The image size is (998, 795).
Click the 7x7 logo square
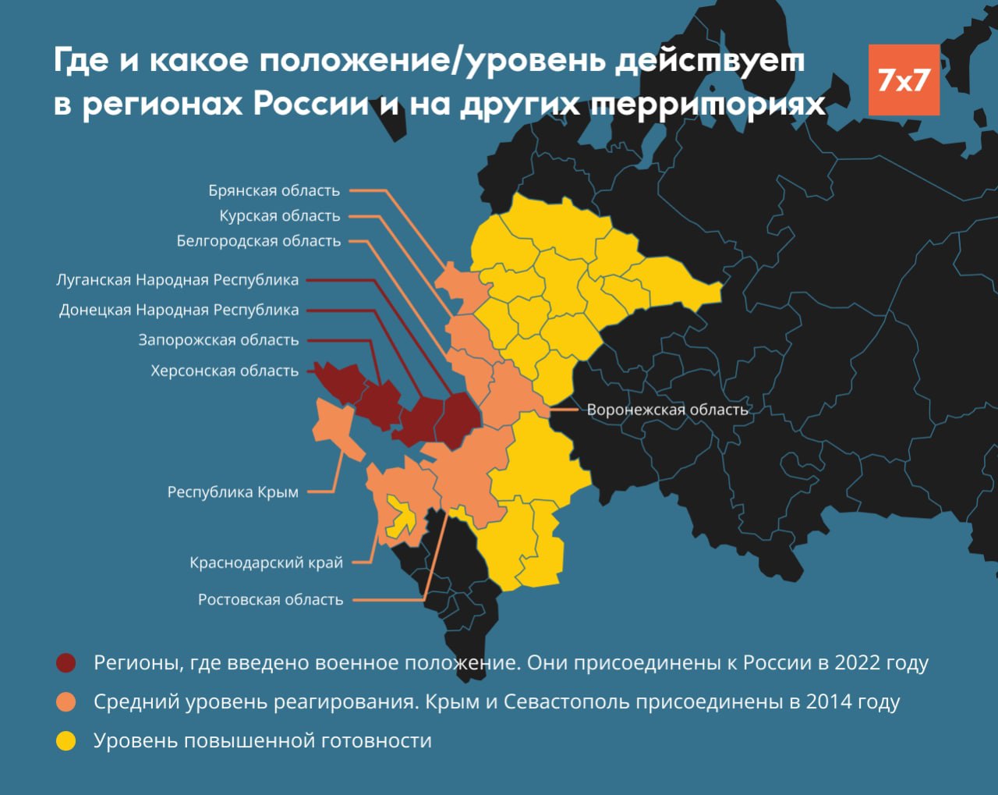904,80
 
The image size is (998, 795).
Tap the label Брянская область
274,190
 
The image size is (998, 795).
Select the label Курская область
279,216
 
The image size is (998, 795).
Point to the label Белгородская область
258,241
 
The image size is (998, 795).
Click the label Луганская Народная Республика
177,280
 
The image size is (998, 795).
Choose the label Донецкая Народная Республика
179,310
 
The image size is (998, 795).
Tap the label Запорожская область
218,340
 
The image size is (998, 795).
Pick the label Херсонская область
225,371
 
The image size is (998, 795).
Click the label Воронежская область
667,410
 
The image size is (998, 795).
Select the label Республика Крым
232,492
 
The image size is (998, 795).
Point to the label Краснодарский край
266,563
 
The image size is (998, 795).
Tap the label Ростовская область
270,600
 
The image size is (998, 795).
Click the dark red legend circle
66,663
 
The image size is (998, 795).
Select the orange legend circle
66,702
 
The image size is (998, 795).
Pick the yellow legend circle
66,741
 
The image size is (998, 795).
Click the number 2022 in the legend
859,663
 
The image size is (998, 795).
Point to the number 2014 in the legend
830,702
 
